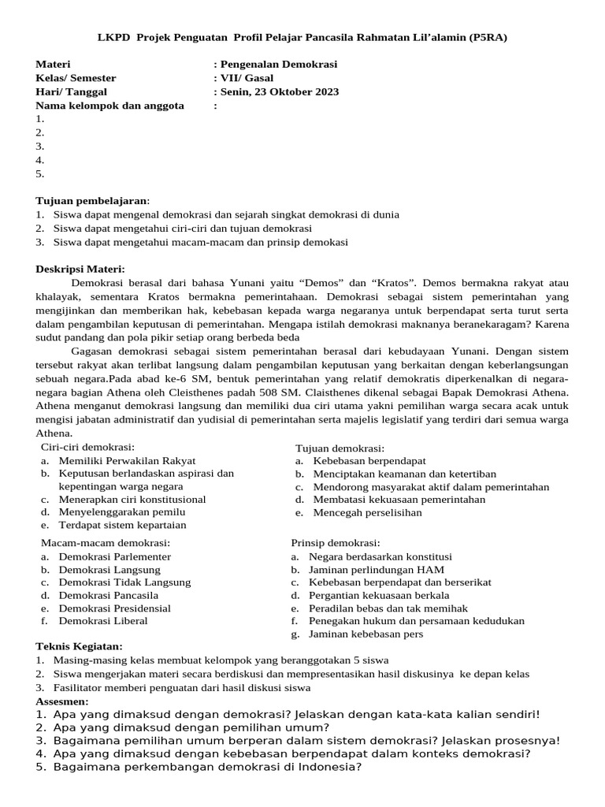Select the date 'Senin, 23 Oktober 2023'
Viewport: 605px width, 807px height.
click(x=279, y=91)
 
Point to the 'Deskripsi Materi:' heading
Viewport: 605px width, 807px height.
click(x=80, y=269)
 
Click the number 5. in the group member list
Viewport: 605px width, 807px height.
click(x=40, y=173)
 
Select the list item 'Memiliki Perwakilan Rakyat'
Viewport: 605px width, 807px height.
click(x=127, y=460)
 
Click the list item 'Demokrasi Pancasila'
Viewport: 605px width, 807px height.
click(x=109, y=595)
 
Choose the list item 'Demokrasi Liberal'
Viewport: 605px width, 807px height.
click(x=103, y=620)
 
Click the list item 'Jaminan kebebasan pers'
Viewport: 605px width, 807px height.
click(x=366, y=634)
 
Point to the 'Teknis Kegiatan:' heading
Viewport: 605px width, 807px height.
click(x=79, y=646)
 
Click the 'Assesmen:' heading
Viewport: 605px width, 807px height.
click(x=62, y=701)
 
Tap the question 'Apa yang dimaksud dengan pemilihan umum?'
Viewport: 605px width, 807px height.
click(x=191, y=727)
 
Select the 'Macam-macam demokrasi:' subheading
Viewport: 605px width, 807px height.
click(x=106, y=542)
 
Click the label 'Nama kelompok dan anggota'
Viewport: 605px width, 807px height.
click(x=109, y=105)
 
